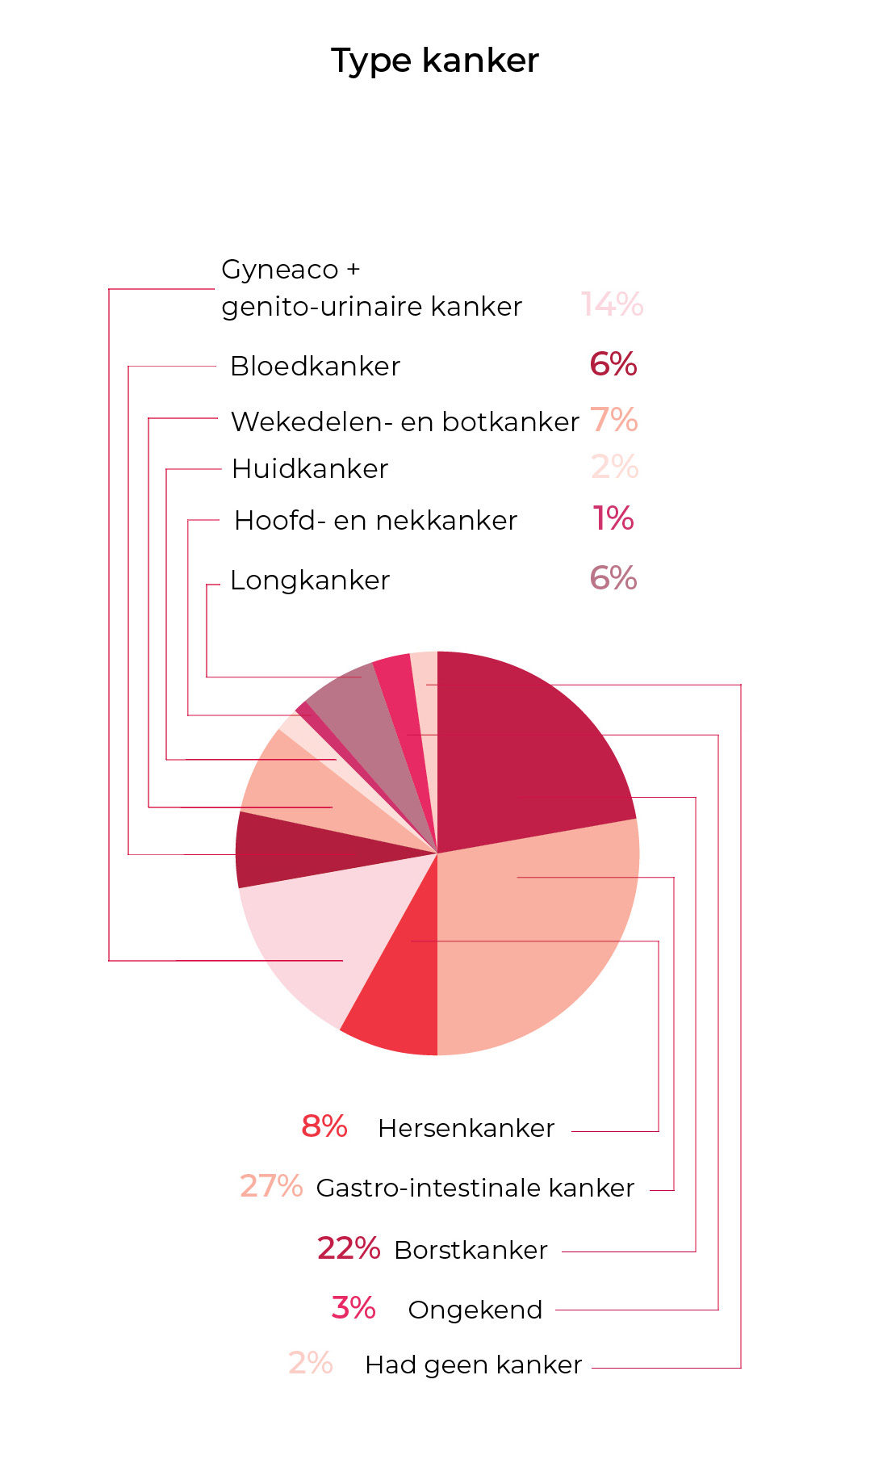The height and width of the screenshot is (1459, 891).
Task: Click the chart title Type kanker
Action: click(x=435, y=61)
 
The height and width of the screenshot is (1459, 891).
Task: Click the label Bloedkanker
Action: click(x=315, y=367)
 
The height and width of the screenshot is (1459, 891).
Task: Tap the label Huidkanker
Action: click(x=310, y=469)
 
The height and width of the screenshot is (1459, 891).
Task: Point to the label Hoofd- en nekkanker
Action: click(x=375, y=521)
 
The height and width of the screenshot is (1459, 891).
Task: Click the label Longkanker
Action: click(x=310, y=581)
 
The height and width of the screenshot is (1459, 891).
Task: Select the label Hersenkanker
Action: click(x=466, y=1128)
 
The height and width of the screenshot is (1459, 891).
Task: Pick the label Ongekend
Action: click(x=475, y=1310)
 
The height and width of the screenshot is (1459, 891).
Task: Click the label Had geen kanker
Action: click(x=473, y=1365)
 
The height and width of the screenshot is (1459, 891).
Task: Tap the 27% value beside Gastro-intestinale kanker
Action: click(x=270, y=1186)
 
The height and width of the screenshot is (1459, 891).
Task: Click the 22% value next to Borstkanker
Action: click(x=348, y=1248)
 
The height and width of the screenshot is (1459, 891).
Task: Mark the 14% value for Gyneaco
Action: click(x=612, y=304)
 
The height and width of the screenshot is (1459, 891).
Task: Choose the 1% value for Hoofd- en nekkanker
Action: click(x=613, y=518)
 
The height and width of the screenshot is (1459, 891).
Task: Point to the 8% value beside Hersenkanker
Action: click(x=324, y=1126)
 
